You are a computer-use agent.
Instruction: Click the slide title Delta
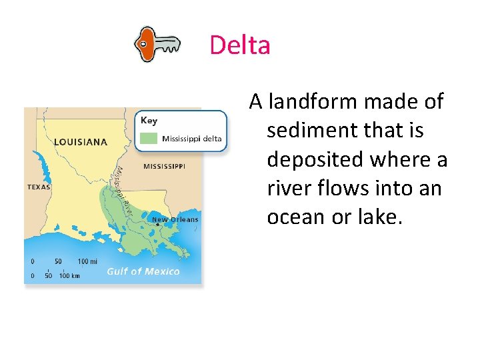pos(240,45)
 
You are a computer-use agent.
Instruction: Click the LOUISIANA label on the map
pos(80,142)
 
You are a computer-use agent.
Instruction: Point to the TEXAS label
pos(39,187)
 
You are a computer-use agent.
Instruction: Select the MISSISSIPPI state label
pos(164,166)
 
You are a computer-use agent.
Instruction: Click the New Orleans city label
pos(175,219)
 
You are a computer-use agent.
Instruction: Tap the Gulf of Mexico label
pos(143,271)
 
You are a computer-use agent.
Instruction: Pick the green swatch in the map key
pos(149,139)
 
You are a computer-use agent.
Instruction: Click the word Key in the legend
pos(149,121)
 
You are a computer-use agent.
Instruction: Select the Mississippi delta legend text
pos(192,139)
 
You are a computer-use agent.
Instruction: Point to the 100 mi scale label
pos(87,261)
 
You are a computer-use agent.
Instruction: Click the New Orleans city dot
pos(158,225)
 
